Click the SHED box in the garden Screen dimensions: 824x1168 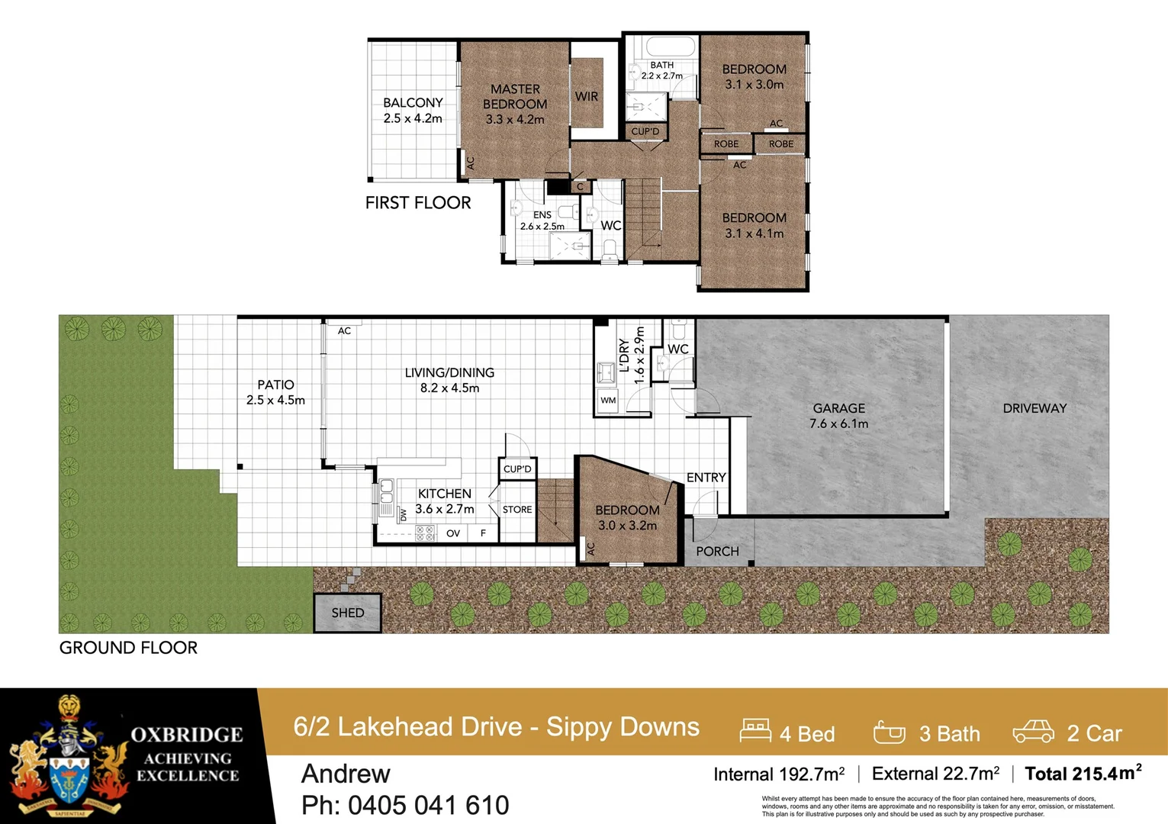347,613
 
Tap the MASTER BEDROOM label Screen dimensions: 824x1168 515,104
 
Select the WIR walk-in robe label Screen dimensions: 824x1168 587,96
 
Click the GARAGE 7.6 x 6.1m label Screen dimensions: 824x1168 838,416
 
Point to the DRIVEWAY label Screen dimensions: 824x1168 1034,408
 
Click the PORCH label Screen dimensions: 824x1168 717,551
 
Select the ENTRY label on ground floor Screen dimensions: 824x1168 706,478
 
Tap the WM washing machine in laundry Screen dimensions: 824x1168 608,400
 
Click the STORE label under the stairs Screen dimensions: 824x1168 517,510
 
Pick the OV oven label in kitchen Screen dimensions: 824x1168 453,533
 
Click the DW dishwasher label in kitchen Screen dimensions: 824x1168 403,515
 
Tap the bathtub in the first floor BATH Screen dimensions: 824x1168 661,47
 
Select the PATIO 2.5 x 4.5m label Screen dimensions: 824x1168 275,392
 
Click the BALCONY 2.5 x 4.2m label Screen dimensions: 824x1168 413,110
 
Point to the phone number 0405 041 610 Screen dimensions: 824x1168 405,805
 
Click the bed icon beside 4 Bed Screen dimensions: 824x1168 755,731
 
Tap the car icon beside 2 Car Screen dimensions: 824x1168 1033,732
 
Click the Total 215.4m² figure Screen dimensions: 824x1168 1083,774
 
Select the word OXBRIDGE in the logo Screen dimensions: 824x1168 187,735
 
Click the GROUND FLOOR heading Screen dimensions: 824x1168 128,648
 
